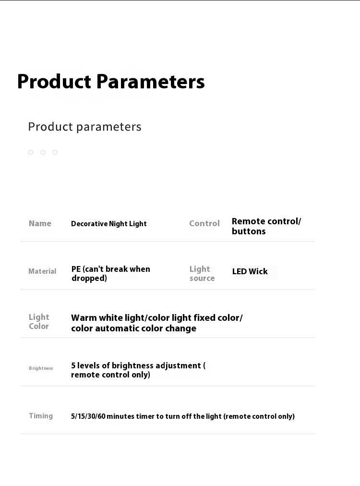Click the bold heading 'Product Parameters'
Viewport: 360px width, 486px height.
pos(111,82)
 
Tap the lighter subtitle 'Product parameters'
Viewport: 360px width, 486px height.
pos(84,127)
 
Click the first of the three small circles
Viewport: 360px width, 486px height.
pos(30,152)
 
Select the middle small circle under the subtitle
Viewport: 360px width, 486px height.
pos(43,152)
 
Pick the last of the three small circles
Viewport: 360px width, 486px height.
pos(55,152)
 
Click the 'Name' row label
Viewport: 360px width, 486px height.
pos(40,223)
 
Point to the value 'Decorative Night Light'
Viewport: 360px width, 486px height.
pos(109,224)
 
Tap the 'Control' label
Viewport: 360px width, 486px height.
pos(204,223)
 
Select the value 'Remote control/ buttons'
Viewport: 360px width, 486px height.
pos(266,226)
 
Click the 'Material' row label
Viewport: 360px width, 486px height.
pos(42,271)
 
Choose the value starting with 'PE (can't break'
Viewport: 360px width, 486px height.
pos(110,274)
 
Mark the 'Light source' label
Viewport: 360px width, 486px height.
pos(202,273)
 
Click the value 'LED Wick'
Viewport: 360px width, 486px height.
pos(250,271)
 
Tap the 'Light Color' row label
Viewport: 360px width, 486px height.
pos(39,321)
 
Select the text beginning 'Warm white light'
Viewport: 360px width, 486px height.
pos(157,323)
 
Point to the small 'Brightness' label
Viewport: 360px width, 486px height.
pos(41,368)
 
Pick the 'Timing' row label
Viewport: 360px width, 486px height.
pos(41,416)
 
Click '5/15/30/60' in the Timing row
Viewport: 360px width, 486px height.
pos(88,416)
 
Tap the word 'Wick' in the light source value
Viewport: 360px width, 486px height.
pos(258,271)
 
